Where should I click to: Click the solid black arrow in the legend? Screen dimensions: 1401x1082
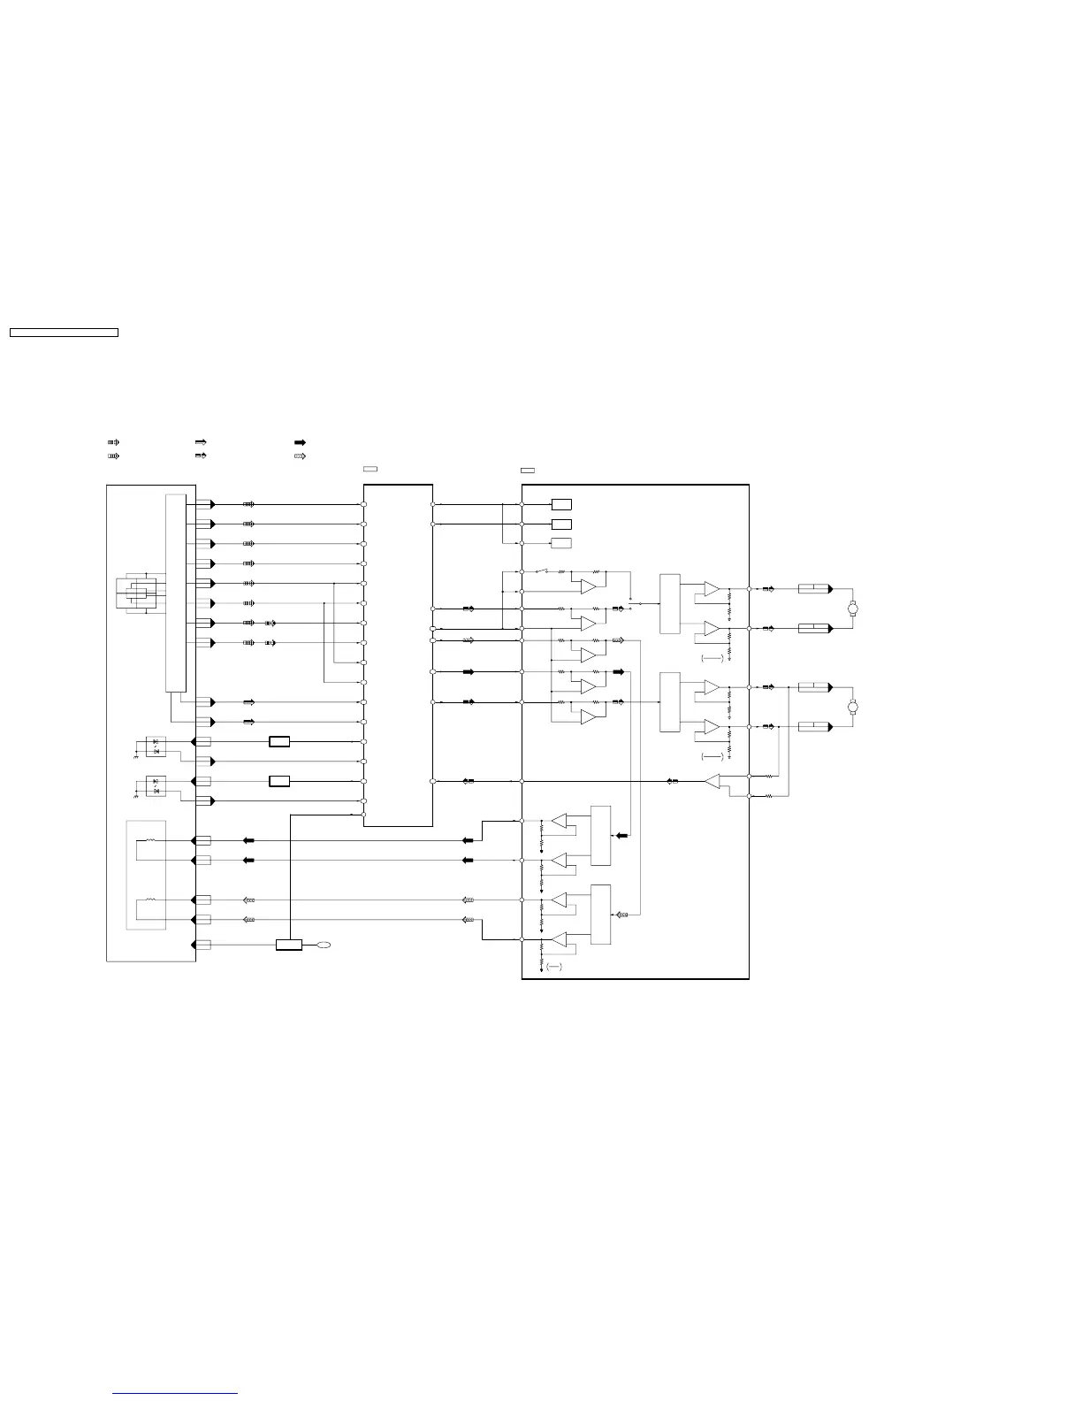tap(300, 441)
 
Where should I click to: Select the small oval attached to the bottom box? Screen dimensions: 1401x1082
tap(323, 945)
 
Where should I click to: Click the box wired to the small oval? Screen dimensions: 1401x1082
tap(289, 945)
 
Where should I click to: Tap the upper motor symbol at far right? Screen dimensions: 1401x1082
tap(853, 609)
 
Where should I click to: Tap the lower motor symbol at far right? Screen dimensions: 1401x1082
tap(853, 707)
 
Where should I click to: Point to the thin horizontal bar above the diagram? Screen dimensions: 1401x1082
tap(64, 333)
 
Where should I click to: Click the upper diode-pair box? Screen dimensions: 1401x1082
tap(156, 745)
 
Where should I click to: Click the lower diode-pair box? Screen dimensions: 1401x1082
tap(156, 785)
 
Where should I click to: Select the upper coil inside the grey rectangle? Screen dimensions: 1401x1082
tap(150, 840)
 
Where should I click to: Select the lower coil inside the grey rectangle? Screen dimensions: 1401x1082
tap(150, 900)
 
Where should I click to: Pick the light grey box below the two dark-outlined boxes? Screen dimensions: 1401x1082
tap(560, 543)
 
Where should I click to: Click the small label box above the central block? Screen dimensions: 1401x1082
tap(370, 468)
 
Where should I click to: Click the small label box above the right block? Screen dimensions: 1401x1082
tap(528, 470)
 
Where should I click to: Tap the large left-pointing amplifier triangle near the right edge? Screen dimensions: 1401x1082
tap(712, 781)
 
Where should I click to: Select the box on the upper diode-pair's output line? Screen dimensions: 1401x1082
tap(279, 741)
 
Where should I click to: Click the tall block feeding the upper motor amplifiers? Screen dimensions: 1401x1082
tap(670, 604)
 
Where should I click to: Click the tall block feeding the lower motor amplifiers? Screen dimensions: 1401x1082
tap(670, 702)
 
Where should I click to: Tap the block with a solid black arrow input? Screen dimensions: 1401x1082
tap(600, 836)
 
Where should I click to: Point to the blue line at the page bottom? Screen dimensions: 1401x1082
tap(175, 1394)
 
